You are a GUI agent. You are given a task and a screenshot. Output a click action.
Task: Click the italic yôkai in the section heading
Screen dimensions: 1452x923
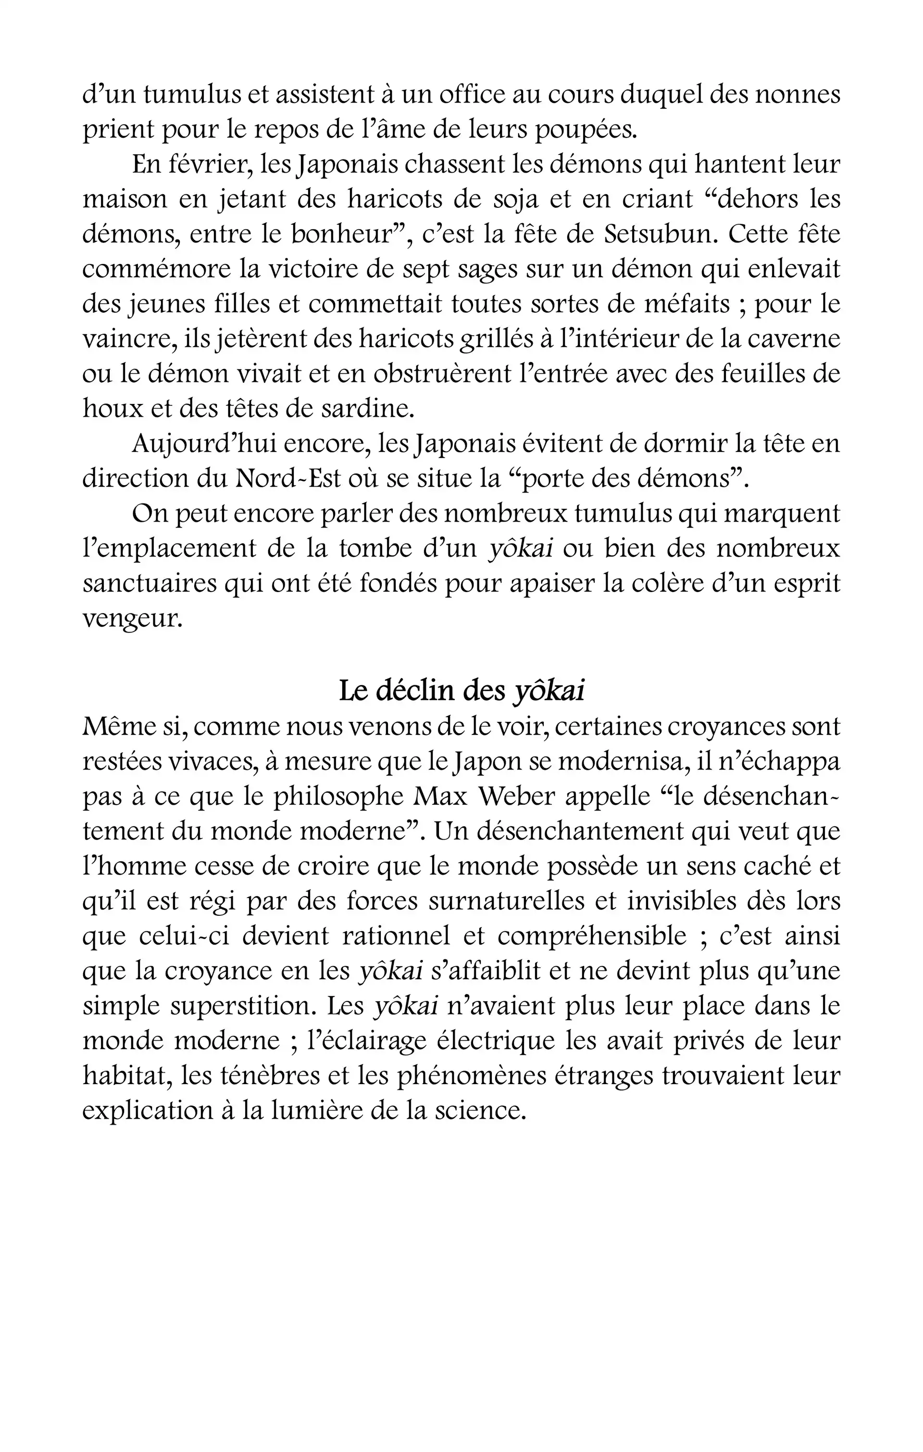(549, 692)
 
